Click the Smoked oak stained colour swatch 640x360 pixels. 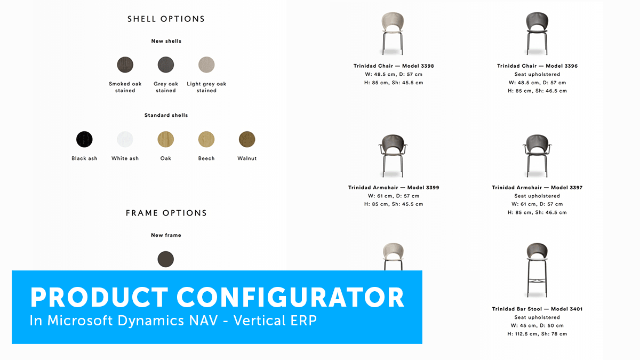[125, 65]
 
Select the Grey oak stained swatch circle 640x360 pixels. [166, 65]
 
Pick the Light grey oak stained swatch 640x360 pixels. [206, 65]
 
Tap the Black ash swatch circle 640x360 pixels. [84, 139]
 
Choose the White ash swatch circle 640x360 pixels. [125, 139]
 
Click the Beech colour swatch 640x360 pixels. [206, 139]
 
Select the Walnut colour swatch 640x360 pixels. [247, 139]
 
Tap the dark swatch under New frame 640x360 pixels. [166, 259]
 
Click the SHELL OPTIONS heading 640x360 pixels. [166, 19]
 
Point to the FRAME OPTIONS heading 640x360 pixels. [166, 213]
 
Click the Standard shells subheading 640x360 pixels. [166, 115]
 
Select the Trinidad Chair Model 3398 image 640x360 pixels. [393, 34]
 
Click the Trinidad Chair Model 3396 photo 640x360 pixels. [537, 34]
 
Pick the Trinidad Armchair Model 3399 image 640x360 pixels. [393, 156]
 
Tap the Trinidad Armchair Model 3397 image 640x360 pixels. [537, 156]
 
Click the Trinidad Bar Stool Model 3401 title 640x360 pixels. [537, 309]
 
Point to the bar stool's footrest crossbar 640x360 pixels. [537, 281]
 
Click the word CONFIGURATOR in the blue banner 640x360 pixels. [290, 298]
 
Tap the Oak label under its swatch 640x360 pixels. [166, 158]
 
